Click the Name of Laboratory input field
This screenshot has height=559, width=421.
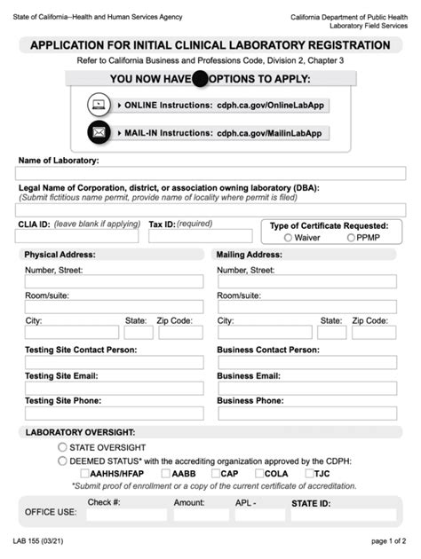tap(210, 174)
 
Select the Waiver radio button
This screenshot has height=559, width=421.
tap(288, 238)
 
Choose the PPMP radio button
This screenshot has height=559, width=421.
tap(351, 238)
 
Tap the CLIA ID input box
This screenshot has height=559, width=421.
tap(78, 237)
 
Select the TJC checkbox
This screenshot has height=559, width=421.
tap(310, 473)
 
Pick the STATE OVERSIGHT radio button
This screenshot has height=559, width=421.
tap(62, 447)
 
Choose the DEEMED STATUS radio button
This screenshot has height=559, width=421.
tap(62, 461)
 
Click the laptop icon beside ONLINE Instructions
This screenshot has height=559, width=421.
tap(99, 105)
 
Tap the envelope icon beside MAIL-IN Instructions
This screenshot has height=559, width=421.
tap(99, 132)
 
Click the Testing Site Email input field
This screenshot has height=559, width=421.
tap(114, 388)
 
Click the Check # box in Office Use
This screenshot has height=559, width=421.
tap(114, 515)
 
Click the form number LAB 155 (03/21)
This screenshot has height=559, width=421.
tap(39, 540)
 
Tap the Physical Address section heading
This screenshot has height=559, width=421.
tap(60, 255)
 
